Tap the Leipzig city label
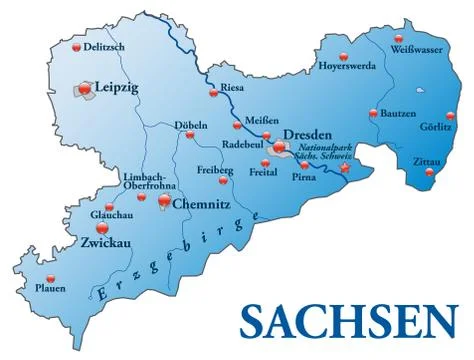pyautogui.click(x=116, y=87)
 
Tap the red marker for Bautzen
pyautogui.click(x=373, y=112)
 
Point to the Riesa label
pyautogui.click(x=232, y=87)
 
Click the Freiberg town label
pyautogui.click(x=214, y=169)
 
